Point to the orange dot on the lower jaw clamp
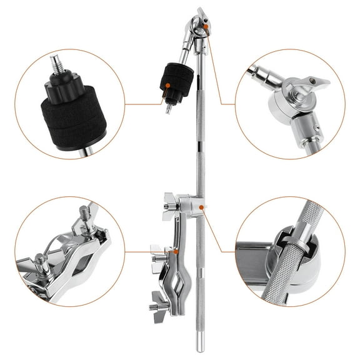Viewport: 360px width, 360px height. coord(177,251)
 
